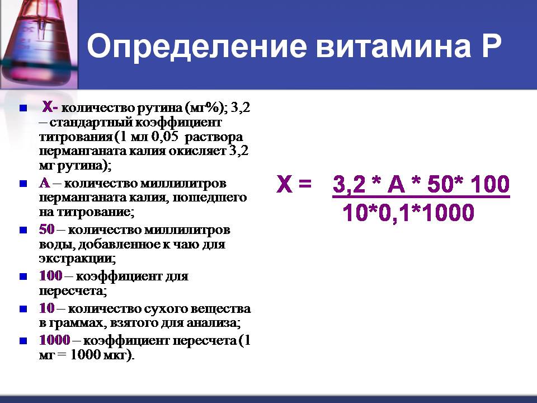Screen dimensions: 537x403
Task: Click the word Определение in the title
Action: pyautogui.click(x=197, y=46)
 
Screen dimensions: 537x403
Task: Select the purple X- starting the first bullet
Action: pyautogui.click(x=50, y=107)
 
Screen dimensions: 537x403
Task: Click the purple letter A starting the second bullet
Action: pyautogui.click(x=45, y=184)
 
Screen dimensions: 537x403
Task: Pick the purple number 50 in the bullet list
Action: pyautogui.click(x=46, y=229)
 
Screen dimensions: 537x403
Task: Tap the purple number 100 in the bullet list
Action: pyautogui.click(x=51, y=275)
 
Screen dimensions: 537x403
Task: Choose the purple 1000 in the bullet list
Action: pyautogui.click(x=55, y=340)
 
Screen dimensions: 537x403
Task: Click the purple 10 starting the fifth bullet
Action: pyautogui.click(x=46, y=308)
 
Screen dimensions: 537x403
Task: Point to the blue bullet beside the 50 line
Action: pyautogui.click(x=23, y=230)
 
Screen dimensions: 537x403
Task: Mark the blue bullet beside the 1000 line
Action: pyautogui.click(x=23, y=341)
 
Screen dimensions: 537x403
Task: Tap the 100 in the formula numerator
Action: pyautogui.click(x=490, y=184)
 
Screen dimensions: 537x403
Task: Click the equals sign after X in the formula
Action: pyautogui.click(x=305, y=184)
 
